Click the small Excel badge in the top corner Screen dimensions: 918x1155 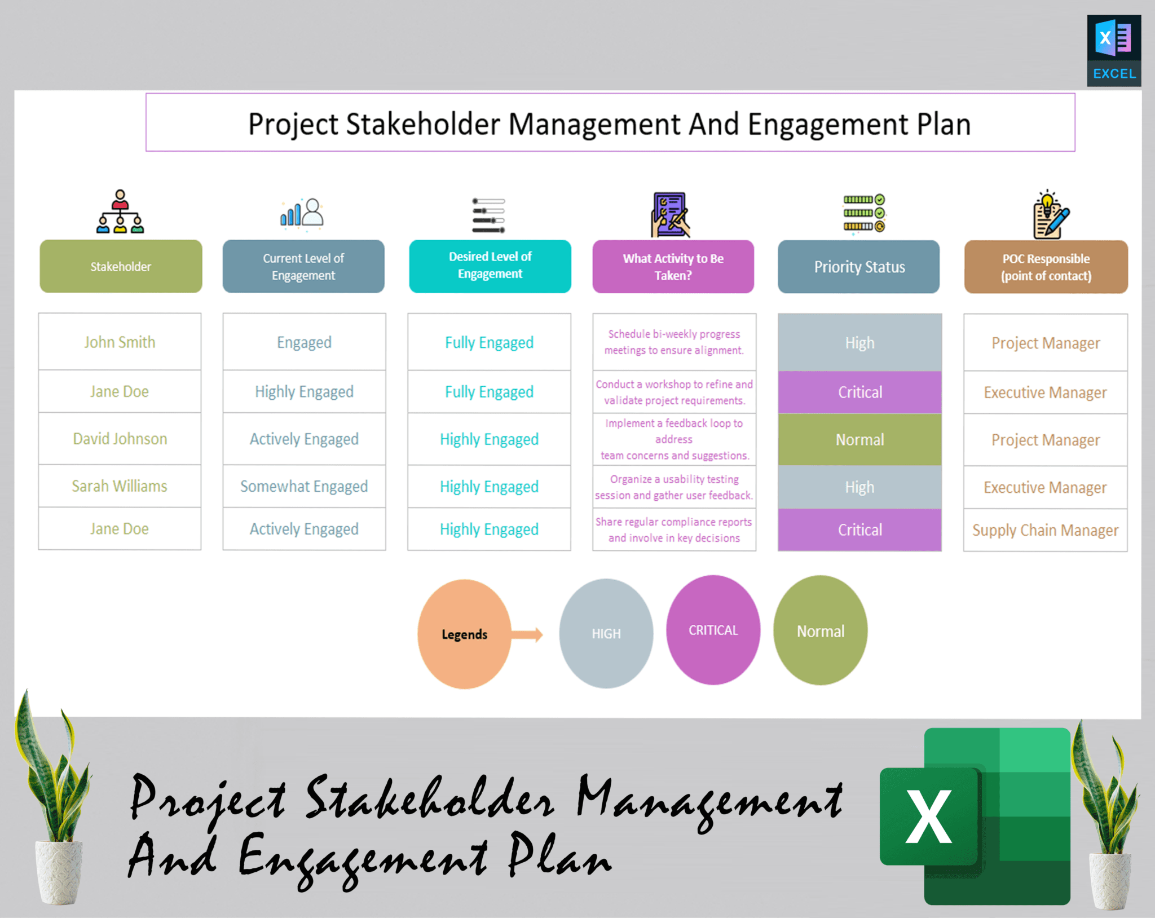coord(1114,51)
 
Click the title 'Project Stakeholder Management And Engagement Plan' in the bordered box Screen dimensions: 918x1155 coord(610,123)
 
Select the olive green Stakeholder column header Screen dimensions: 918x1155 coord(121,266)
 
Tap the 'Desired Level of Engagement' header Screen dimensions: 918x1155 coord(490,266)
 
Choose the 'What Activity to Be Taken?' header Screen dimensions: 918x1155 coord(673,267)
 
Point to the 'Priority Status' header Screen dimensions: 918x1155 coord(859,267)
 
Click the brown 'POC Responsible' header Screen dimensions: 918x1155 coord(1046,267)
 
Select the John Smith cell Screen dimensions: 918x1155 coord(120,342)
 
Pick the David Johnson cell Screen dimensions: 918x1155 coord(120,439)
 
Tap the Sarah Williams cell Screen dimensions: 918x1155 coord(120,486)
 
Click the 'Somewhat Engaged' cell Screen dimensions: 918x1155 coord(304,486)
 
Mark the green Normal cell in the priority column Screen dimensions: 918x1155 coord(859,440)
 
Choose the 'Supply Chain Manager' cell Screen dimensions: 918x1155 coord(1045,530)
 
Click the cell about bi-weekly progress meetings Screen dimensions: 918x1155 coord(674,342)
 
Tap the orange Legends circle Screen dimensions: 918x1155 coord(464,634)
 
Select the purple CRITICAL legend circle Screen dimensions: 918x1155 coord(713,630)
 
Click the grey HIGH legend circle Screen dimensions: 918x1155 coord(606,633)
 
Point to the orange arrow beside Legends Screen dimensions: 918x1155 coord(528,635)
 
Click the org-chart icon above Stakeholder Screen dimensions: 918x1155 coord(120,212)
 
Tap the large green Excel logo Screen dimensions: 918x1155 coord(976,815)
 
